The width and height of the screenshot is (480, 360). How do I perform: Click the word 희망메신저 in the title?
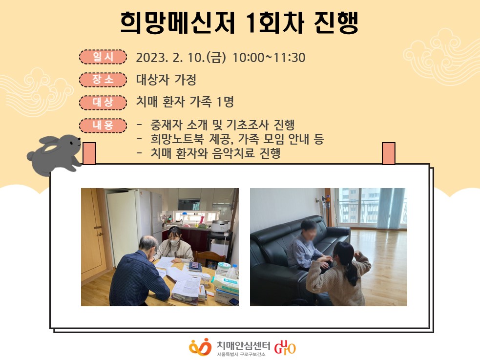point(178,23)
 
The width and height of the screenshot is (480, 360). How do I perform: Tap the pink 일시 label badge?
point(103,57)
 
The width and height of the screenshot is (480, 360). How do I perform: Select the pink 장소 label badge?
point(103,80)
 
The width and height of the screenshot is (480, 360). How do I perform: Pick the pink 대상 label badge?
point(103,102)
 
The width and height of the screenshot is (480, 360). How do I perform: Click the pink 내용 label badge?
point(103,126)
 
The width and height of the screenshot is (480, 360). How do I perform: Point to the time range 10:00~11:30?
point(269,58)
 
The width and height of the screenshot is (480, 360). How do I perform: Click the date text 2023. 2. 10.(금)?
point(181,58)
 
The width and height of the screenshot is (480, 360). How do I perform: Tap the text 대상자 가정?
point(166,80)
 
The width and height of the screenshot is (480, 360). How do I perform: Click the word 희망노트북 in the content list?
point(177,139)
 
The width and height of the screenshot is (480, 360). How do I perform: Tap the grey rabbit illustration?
point(55,154)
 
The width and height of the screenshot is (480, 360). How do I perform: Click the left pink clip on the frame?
point(89,153)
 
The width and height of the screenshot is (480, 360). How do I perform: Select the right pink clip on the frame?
point(389,153)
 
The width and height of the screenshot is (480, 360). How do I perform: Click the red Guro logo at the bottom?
point(285,347)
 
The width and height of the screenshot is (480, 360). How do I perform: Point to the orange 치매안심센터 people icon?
point(200,347)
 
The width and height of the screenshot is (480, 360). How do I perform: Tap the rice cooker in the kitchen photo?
point(220,226)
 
